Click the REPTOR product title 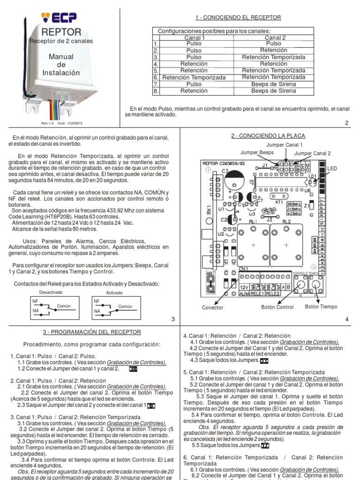point(61,32)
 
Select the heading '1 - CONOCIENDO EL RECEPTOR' point(238,18)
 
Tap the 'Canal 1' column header point(194,38)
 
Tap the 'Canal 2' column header point(274,38)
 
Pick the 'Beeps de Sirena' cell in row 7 point(274,84)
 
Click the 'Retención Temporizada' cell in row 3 point(274,57)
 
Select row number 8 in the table point(156,91)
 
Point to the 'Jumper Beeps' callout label point(257,153)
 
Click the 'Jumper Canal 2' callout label point(312,154)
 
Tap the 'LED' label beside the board point(332,168)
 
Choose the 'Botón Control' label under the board point(277,307)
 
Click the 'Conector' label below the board point(212,308)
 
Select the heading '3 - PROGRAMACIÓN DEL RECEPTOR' point(92,332)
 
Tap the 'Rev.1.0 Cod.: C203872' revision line point(62,123)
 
